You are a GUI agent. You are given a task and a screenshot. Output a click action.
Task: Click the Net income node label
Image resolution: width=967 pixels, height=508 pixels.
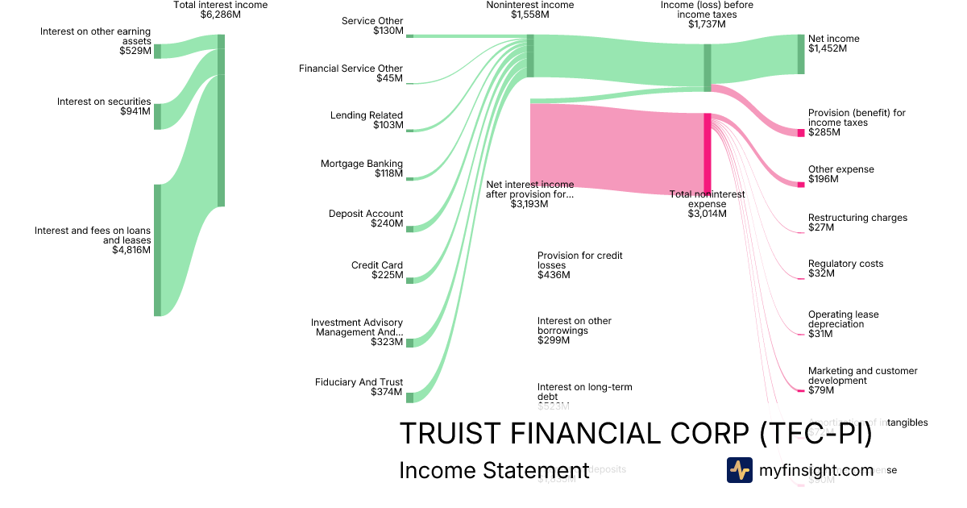[x=833, y=39]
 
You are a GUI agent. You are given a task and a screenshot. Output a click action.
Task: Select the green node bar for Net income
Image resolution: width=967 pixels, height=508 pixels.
[x=801, y=54]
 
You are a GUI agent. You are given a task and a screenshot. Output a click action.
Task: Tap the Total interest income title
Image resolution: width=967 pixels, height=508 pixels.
[x=220, y=5]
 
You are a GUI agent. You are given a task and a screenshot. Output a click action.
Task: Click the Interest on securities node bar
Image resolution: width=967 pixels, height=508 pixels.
[x=157, y=116]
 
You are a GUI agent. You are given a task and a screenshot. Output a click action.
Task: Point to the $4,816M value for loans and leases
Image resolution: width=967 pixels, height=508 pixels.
[x=131, y=250]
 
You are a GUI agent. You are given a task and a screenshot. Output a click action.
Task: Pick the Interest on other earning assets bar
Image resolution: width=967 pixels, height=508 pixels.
[x=157, y=51]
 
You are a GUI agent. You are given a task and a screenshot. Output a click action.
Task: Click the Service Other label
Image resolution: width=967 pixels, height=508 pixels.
[x=372, y=21]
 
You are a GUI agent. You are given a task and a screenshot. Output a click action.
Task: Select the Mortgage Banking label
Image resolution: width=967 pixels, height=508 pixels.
[x=362, y=164]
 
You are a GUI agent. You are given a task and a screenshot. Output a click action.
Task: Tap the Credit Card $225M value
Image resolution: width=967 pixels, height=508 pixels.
[x=387, y=275]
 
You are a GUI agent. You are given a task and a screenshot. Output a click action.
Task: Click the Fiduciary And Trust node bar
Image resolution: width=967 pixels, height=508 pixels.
[x=409, y=397]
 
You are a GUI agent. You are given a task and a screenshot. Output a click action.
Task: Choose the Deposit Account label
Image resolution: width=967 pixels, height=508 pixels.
[x=366, y=214]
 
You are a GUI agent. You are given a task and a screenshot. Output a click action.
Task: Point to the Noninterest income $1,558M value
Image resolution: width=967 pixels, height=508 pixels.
[x=529, y=15]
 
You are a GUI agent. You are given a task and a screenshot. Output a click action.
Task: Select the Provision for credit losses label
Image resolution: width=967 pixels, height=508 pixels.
[x=579, y=260]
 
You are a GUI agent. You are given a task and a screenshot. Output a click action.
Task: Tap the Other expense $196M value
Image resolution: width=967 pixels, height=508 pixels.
[x=823, y=179]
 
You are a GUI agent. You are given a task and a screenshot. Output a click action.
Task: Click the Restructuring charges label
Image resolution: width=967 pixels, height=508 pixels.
[x=857, y=218]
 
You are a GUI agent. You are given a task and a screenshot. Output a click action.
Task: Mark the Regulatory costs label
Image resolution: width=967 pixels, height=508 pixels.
[x=845, y=264]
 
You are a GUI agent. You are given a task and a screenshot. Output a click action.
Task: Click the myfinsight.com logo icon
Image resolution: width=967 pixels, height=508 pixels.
[x=739, y=470]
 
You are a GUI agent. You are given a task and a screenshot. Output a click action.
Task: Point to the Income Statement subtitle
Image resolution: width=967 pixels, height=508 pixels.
[x=493, y=471]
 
